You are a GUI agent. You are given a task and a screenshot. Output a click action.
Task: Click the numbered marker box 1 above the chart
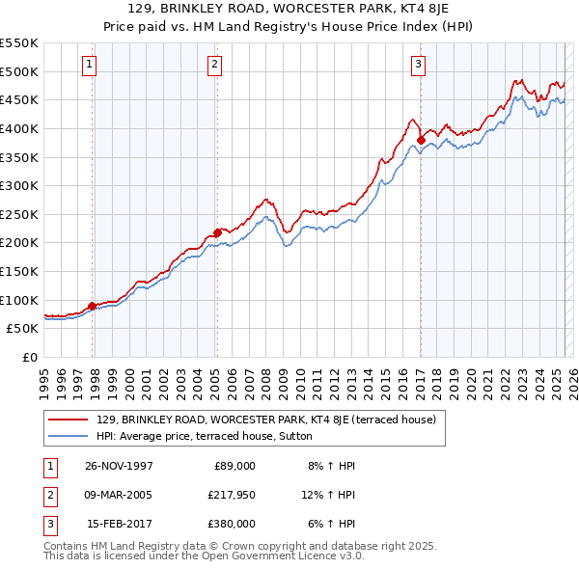tap(89, 65)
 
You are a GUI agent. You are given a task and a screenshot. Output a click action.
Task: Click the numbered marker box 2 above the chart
tap(213, 65)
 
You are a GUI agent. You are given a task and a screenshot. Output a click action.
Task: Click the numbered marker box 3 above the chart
tap(418, 65)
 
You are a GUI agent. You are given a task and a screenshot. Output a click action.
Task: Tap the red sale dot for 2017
tap(421, 140)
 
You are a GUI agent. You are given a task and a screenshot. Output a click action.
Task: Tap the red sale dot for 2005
tap(217, 231)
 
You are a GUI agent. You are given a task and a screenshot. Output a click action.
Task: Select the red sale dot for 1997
tap(93, 306)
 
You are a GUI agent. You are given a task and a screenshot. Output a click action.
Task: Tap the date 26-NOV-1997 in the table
tap(120, 466)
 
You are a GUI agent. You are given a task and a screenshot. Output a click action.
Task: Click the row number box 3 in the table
tap(47, 524)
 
